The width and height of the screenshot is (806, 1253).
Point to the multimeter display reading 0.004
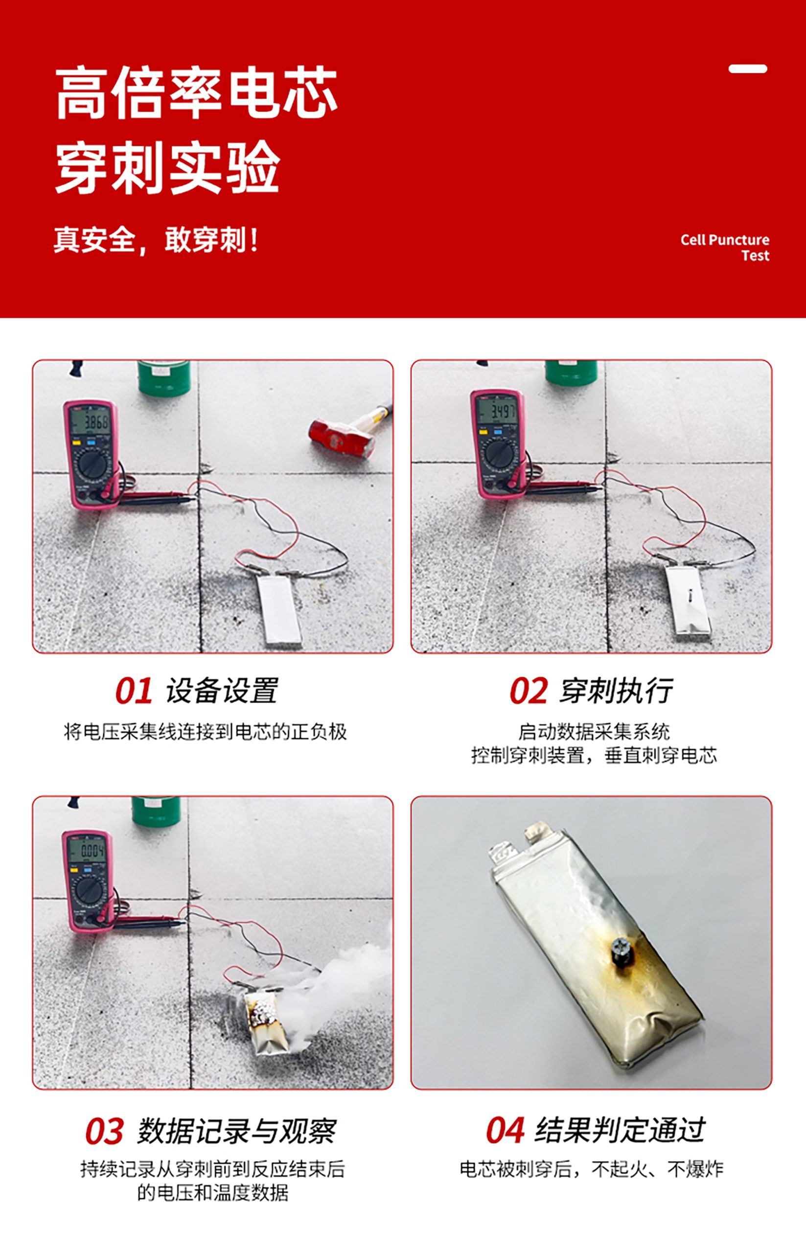pos(89,851)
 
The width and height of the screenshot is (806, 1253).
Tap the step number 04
pos(505,1131)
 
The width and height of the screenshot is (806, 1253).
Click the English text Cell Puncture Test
pos(725,248)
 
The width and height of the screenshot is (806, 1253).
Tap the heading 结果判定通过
pos(620,1131)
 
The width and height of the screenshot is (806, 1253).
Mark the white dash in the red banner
pos(748,69)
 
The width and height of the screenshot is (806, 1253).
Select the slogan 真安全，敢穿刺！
pos(157,240)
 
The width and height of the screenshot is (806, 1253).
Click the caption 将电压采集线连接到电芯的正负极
pos(205,732)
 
